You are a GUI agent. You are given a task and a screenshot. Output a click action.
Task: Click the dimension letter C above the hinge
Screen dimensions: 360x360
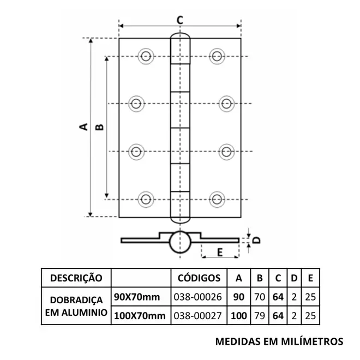tap(180, 20)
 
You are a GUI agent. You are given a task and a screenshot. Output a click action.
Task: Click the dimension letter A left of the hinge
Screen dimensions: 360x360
tap(83, 127)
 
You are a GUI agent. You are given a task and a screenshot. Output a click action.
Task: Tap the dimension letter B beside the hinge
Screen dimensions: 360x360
tap(99, 127)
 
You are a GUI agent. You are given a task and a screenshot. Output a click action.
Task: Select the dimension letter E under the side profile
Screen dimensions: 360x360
tap(220, 253)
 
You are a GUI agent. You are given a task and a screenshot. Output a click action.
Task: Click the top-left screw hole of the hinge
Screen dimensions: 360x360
tap(146, 56)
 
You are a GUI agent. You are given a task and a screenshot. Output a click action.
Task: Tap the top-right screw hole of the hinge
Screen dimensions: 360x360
tap(217, 56)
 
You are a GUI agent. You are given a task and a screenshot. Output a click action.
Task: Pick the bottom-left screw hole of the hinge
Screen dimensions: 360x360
tap(146, 199)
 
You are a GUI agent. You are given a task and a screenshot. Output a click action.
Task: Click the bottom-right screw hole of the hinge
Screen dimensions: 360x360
tap(217, 199)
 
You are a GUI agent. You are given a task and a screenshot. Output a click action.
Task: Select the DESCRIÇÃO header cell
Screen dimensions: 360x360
tap(76, 278)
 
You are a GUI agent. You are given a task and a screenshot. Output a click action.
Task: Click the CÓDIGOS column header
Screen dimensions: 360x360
tap(199, 278)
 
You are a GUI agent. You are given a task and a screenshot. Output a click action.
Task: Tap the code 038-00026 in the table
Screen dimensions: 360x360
tap(197, 297)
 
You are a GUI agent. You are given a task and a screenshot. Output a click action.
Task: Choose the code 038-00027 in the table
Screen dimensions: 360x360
tap(197, 316)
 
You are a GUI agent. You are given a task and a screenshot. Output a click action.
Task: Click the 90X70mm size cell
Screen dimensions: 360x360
tap(137, 297)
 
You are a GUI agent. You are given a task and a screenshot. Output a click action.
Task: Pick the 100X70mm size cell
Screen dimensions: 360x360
tap(140, 316)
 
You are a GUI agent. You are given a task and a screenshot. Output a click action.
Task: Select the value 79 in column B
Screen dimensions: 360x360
tap(260, 316)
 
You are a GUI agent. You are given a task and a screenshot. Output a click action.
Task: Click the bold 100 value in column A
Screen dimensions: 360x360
tap(239, 316)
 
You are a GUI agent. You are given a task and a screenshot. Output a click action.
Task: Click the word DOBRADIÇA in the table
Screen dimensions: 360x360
tap(76, 300)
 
